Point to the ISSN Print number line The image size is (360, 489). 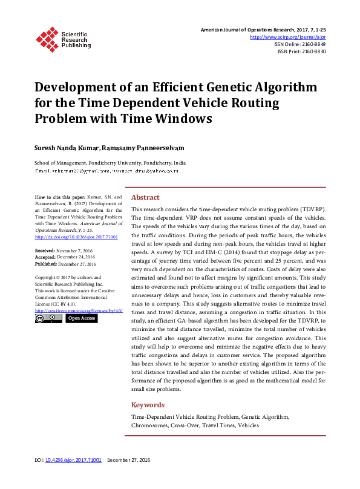[x=301, y=52]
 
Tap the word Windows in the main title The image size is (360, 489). [x=182, y=118]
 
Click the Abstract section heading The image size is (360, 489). [x=145, y=197]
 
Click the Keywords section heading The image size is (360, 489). [x=148, y=405]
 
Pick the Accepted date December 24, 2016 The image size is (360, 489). [x=66, y=257]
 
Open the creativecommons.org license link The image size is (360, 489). [x=79, y=310]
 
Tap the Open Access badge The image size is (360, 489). [x=81, y=318]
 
